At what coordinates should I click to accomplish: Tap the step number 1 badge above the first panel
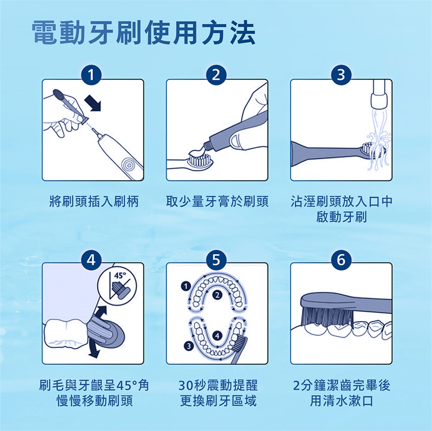click(x=91, y=75)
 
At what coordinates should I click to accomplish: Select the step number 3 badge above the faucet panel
click(x=341, y=75)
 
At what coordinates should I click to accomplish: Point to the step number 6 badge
click(x=341, y=260)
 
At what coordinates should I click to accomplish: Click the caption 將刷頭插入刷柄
click(x=94, y=201)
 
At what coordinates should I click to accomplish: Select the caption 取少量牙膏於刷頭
click(x=217, y=201)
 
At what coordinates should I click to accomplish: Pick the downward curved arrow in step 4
click(x=93, y=350)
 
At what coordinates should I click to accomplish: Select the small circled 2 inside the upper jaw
click(x=217, y=296)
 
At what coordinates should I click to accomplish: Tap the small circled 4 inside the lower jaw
click(x=217, y=336)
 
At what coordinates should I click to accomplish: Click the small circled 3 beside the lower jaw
click(x=189, y=346)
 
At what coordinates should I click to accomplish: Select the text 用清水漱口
click(x=342, y=401)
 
